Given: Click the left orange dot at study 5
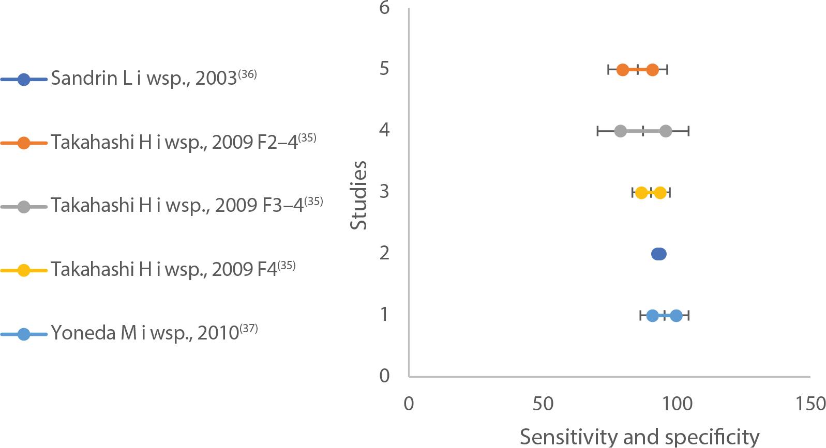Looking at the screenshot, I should click(622, 70).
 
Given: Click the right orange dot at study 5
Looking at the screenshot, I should click(653, 70).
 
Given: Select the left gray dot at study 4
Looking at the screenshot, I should click(620, 131).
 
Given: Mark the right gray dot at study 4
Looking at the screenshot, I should click(666, 131).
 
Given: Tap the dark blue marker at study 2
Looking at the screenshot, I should click(659, 254).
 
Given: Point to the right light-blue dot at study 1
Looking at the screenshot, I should click(676, 316).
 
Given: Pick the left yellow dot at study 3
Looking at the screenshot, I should click(641, 193).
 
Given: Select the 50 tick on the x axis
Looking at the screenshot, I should click(543, 404).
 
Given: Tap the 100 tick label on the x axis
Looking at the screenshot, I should click(677, 404).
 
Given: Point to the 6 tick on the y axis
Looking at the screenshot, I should click(384, 8).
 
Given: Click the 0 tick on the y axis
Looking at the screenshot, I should click(384, 376).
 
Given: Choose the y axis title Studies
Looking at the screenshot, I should click(358, 195).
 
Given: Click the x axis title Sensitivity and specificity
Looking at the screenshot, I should click(639, 437).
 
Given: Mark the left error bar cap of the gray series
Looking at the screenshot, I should click(598, 131).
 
